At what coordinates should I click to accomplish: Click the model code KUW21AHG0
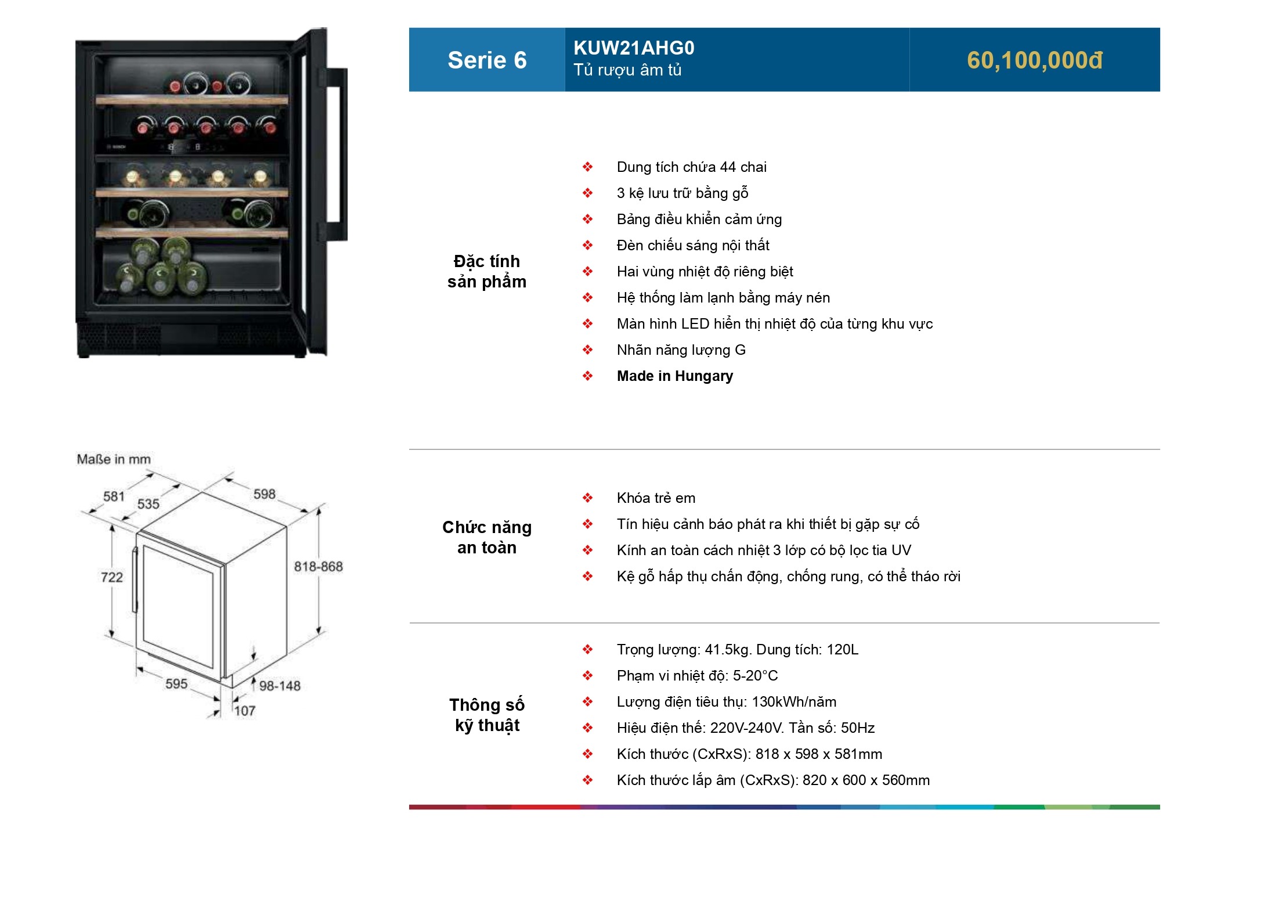pos(634,48)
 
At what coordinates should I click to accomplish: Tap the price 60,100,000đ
pos(1034,60)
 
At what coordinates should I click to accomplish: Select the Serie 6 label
pos(487,60)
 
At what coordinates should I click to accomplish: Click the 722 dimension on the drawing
pos(112,577)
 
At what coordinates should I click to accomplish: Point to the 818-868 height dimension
pos(318,566)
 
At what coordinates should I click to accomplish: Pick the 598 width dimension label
pos(265,494)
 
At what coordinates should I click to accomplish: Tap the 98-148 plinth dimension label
pos(280,686)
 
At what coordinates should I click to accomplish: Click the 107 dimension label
pos(245,711)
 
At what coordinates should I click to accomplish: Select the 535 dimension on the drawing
pos(148,504)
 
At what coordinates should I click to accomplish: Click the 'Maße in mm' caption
pos(114,459)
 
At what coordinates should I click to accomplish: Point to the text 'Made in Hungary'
pos(675,376)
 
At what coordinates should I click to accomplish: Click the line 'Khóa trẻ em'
pos(656,498)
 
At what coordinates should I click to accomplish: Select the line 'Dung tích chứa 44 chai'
pos(692,167)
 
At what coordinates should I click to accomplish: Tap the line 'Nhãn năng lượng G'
pos(681,350)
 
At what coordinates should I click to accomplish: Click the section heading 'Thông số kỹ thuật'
pos(487,715)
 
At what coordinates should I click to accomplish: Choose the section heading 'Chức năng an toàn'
pos(487,537)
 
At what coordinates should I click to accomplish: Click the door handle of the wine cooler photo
pos(335,154)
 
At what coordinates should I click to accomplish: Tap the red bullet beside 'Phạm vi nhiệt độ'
pos(588,675)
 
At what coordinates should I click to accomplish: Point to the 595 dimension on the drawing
pos(176,683)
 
